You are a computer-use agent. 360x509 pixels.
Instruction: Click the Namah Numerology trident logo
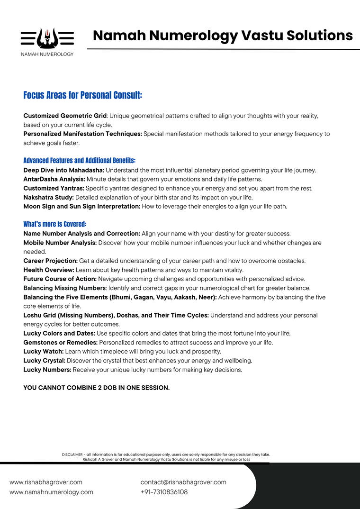coord(47,38)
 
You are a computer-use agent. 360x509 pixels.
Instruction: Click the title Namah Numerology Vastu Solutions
coord(223,35)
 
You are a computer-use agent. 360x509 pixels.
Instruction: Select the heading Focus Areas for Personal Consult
coord(83,95)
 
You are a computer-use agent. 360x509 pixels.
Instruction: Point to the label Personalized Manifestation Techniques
coord(82,134)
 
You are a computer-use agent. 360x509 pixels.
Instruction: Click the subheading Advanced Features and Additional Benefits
coord(80,161)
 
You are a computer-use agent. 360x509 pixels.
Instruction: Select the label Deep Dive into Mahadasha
coord(63,170)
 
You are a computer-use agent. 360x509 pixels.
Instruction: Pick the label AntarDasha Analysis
coord(54,179)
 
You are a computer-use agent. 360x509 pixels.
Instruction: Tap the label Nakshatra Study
coord(48,197)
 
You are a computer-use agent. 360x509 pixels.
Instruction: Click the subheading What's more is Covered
coord(55,224)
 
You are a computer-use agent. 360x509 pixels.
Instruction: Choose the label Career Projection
coord(50,261)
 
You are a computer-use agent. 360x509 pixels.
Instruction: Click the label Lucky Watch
coord(43,352)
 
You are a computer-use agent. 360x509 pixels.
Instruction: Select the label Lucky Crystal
coord(44,361)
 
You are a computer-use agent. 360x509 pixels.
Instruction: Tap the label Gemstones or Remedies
coord(60,343)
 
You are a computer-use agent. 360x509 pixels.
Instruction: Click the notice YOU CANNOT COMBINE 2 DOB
coord(96,388)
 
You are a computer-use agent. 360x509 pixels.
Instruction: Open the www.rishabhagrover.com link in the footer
coord(46,482)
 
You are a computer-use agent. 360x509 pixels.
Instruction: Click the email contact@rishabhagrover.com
coord(183,482)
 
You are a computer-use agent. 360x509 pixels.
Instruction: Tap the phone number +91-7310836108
coord(164,492)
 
